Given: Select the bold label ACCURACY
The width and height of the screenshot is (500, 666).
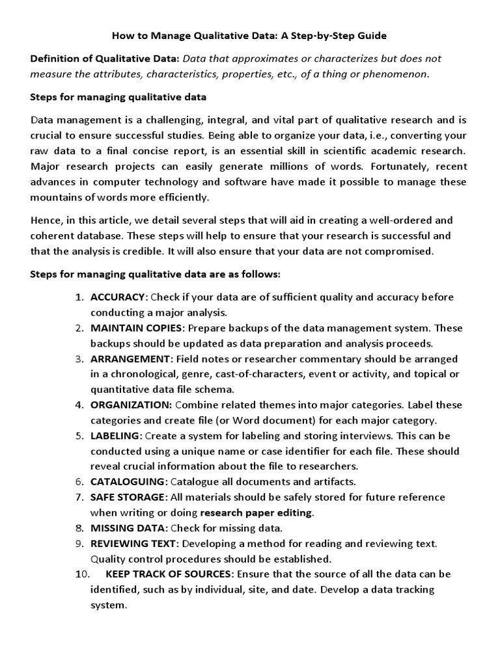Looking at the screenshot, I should pos(118,297).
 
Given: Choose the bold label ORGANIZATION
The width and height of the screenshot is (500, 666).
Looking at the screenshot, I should pos(130,405).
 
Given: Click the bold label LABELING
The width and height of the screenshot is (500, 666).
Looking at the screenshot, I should pos(116,435).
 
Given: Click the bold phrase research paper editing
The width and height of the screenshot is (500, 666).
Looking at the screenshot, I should pos(256,513).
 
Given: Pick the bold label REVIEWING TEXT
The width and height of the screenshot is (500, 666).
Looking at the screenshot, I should pos(133,543).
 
